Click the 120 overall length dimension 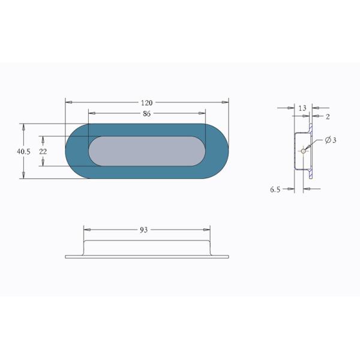pyautogui.click(x=147, y=103)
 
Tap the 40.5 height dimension pyautogui.click(x=23, y=152)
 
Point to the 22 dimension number pyautogui.click(x=43, y=152)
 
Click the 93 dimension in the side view pyautogui.click(x=144, y=230)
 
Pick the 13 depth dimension pyautogui.click(x=302, y=108)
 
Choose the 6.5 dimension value pyautogui.click(x=275, y=189)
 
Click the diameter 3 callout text pyautogui.click(x=331, y=140)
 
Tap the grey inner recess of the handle pyautogui.click(x=147, y=151)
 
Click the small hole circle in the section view pyautogui.click(x=304, y=151)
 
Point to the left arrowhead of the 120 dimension pyautogui.click(x=68, y=103)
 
